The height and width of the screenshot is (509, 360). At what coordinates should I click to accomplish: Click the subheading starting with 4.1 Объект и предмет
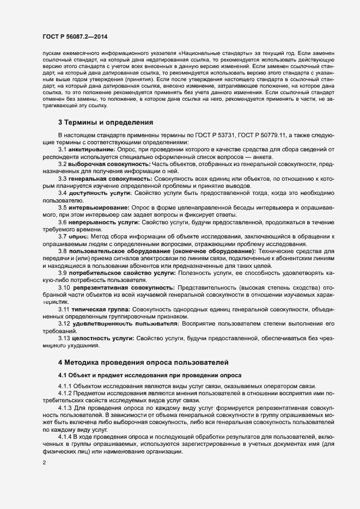[x=144, y=376]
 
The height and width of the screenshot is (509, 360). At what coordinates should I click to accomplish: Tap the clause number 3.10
[x=65, y=287]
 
